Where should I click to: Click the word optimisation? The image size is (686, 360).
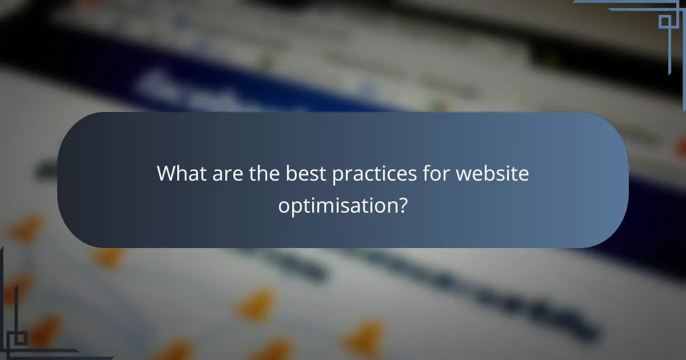(337, 205)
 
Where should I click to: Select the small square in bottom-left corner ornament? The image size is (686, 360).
(21, 338)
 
